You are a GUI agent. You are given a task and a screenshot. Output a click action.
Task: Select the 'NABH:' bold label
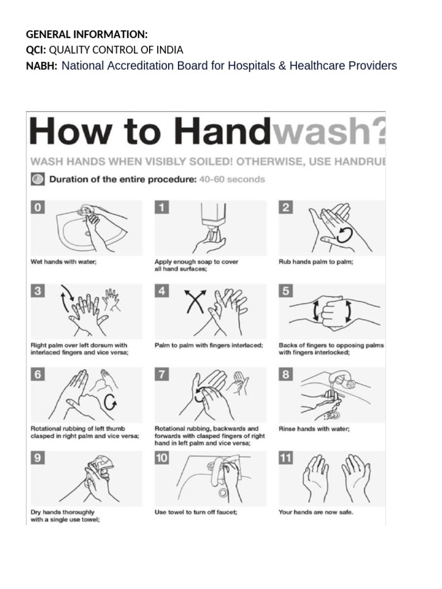pyautogui.click(x=42, y=66)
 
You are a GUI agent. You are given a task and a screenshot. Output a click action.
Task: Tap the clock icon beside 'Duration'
pyautogui.click(x=37, y=179)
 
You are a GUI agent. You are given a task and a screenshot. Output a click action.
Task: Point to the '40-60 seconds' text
pyautogui.click(x=232, y=179)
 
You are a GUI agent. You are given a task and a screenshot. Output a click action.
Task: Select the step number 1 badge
pyautogui.click(x=162, y=208)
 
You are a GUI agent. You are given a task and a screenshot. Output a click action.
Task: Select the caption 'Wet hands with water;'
pyautogui.click(x=63, y=261)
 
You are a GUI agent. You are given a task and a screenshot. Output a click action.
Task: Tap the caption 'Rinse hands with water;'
pyautogui.click(x=314, y=429)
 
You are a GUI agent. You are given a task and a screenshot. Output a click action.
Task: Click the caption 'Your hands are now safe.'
pyautogui.click(x=316, y=512)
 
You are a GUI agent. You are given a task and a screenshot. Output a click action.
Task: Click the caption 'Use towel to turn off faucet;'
pyautogui.click(x=196, y=512)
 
